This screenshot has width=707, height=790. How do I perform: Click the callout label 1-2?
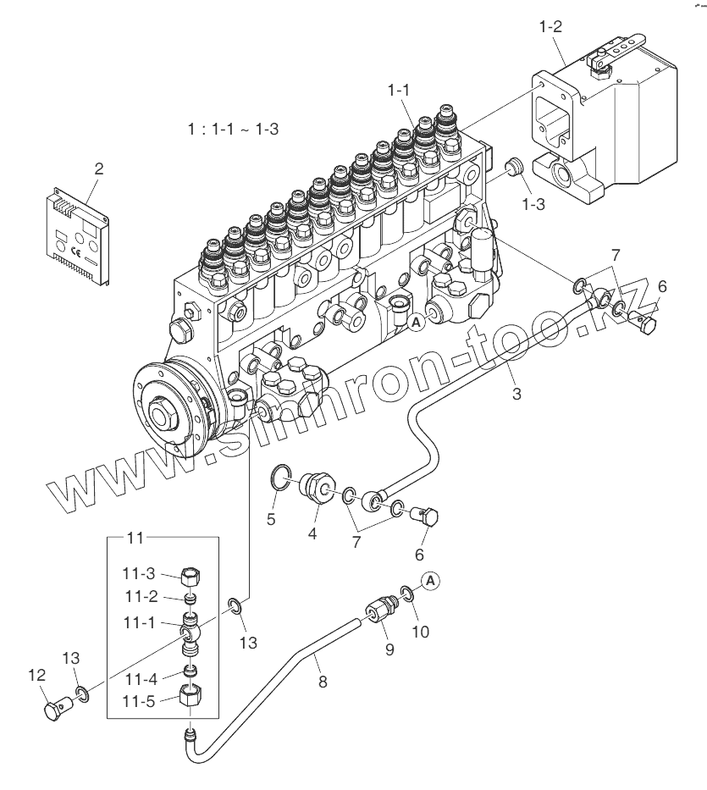550,26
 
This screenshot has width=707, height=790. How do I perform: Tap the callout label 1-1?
400,89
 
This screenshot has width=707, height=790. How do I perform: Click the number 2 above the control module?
99,168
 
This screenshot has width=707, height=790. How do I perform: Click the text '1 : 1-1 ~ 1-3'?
234,130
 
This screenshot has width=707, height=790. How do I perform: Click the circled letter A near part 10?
431,580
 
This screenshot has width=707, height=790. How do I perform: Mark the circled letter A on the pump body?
416,322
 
